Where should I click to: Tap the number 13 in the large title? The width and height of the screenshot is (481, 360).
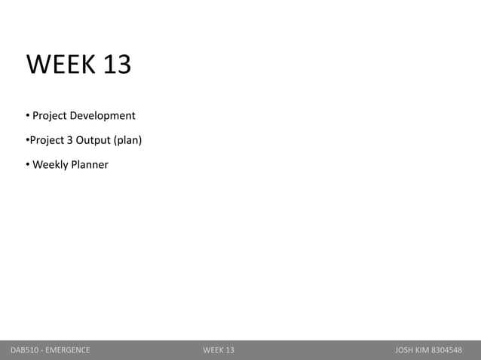pos(117,66)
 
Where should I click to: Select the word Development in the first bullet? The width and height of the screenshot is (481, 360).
pos(103,116)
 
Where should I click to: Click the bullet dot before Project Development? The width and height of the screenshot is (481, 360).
pos(27,116)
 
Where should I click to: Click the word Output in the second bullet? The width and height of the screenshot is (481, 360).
pos(92,140)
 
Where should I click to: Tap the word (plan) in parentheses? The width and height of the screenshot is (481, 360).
pos(127,140)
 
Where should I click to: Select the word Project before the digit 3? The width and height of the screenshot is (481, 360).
pos(47,140)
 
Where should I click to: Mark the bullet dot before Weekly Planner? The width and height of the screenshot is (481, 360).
pos(27,164)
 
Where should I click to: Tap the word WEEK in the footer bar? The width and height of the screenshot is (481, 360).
pos(213,350)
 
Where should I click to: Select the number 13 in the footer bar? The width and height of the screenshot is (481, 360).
pos(229,350)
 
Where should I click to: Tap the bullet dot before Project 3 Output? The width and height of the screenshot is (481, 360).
pos(27,140)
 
